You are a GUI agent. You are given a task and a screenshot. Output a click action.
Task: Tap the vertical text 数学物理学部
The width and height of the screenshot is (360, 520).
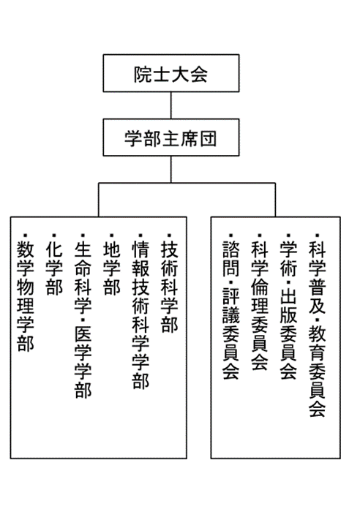coord(25,295)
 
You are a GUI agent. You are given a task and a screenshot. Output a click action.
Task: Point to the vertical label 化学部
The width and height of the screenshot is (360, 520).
coord(54,268)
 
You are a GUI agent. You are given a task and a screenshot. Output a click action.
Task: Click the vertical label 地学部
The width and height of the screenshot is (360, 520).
coord(111,268)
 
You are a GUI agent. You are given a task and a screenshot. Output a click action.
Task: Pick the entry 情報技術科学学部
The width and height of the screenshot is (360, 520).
coord(140,314)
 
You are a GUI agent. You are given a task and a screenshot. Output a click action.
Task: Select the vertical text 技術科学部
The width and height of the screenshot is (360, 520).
coord(169,287)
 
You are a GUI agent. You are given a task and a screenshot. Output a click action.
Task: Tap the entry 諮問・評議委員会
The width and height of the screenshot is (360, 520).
coord(231,310)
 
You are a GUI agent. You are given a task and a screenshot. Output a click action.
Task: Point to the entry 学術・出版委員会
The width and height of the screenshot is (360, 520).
coord(288,310)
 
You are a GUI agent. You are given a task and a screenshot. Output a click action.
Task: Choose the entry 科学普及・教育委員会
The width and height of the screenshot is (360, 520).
coord(318,328)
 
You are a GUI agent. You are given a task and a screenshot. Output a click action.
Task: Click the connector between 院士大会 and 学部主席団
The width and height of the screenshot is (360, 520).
coord(171,105)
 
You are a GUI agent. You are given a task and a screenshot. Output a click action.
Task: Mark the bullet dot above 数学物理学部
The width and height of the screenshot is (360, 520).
coord(25,235)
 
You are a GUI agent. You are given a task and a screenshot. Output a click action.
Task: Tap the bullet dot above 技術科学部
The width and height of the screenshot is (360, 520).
coord(169,235)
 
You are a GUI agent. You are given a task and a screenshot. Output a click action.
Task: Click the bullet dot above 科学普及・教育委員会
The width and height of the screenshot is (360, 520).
coord(318,235)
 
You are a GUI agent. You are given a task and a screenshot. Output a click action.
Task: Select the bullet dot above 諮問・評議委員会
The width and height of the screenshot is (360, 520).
coord(231,235)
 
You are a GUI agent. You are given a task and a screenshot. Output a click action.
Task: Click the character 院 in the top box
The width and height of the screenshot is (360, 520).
coord(143,74)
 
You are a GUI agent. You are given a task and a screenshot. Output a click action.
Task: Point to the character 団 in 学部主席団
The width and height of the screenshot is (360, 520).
coord(208,139)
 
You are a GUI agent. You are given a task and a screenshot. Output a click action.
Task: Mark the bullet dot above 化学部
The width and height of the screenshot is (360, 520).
coord(54,235)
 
